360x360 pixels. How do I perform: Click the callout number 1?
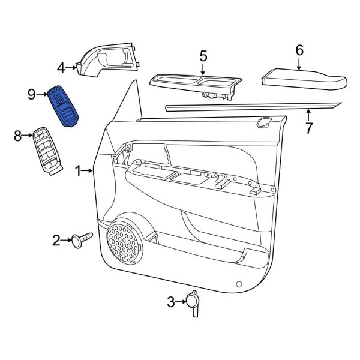click(77, 172)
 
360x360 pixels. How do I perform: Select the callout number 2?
click(57, 241)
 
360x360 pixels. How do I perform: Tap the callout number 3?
click(170, 302)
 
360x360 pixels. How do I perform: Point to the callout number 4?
click(61, 67)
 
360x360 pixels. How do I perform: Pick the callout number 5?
click(203, 56)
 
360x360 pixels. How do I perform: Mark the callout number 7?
click(309, 128)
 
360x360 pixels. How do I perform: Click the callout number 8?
click(17, 136)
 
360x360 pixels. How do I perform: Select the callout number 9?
click(32, 94)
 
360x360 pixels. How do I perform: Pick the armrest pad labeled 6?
click(304, 79)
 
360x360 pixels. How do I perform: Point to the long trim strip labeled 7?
click(252, 106)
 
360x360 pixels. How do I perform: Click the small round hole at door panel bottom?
click(239, 284)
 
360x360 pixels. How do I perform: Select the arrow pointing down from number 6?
click(299, 65)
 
